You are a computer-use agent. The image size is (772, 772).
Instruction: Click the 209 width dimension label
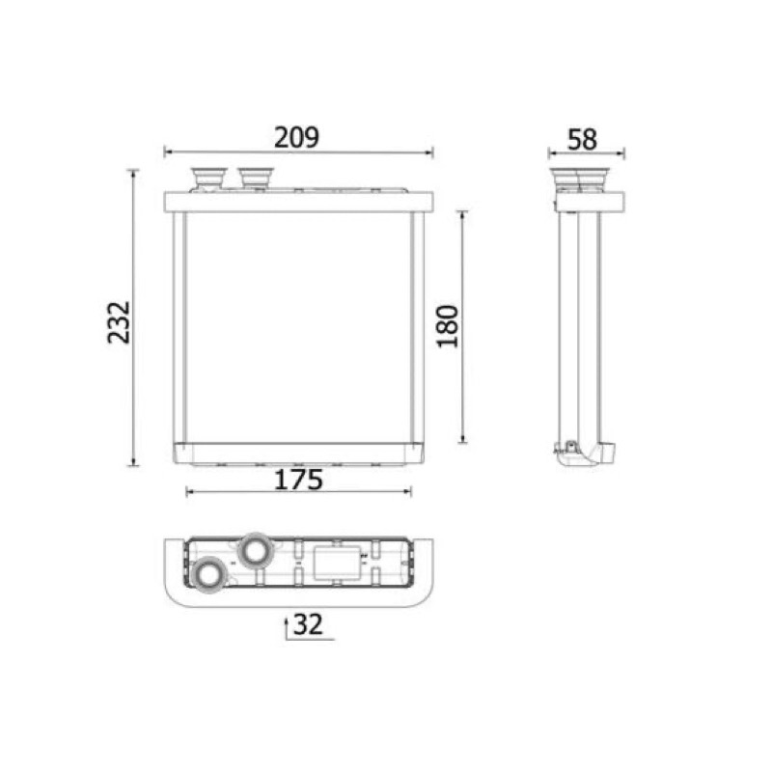296,137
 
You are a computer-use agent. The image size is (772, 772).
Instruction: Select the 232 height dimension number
119,322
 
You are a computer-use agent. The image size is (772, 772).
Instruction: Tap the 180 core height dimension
448,326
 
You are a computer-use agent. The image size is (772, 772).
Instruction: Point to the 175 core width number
298,480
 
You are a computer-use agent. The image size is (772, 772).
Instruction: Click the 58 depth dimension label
583,139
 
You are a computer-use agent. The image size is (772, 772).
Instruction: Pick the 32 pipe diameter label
308,623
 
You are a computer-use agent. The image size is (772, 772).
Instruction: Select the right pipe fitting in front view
255,178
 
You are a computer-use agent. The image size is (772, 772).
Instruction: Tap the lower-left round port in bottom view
208,574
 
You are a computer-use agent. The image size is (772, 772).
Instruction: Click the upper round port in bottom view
255,550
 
